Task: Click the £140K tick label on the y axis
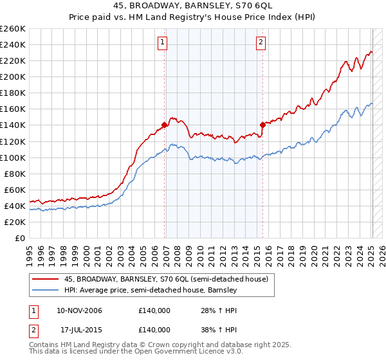(x=12, y=125)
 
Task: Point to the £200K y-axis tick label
(x=12, y=76)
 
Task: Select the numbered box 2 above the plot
(x=261, y=43)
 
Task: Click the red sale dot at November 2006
(x=165, y=125)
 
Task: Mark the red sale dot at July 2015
(x=262, y=125)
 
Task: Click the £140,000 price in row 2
(x=154, y=329)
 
